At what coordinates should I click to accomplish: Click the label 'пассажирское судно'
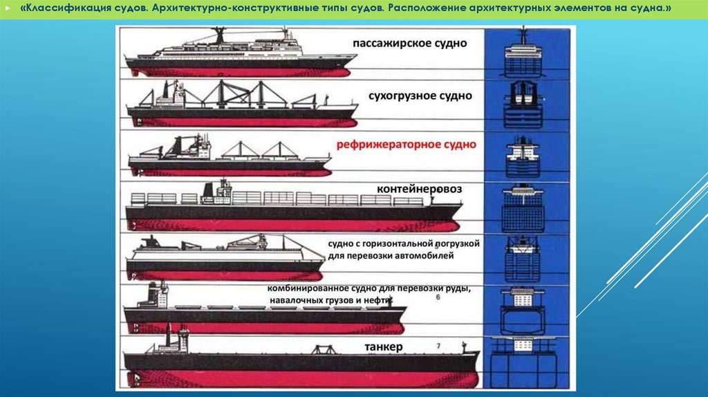(x=409, y=43)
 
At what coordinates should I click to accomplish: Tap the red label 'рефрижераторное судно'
(x=406, y=145)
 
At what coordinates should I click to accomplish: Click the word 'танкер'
(x=380, y=346)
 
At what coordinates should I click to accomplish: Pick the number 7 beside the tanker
(x=437, y=344)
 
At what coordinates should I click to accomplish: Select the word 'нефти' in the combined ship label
(x=378, y=301)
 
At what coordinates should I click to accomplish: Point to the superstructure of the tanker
(x=173, y=342)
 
